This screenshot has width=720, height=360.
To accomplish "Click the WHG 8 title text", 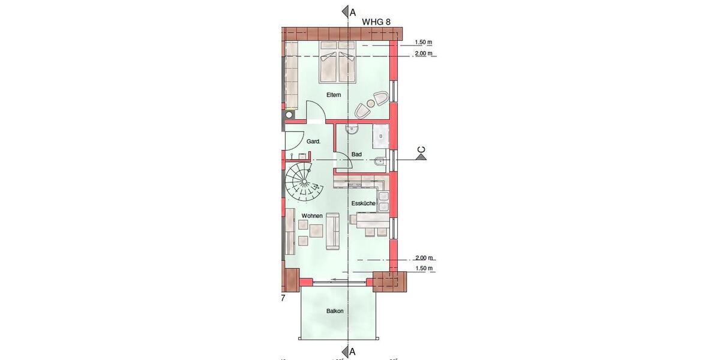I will tap(376, 22).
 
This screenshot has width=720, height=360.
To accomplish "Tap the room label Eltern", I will tap(334, 95).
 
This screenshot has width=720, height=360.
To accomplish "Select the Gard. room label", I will tap(313, 142).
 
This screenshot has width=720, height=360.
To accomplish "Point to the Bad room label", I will tap(356, 154).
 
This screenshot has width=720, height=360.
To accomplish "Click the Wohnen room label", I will tap(313, 215).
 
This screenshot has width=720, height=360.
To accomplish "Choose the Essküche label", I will tap(364, 204).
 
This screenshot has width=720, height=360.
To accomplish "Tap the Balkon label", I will tap(335, 311).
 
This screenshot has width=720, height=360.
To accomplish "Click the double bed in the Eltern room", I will tap(337, 63).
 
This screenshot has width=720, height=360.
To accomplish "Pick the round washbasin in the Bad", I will tap(352, 128).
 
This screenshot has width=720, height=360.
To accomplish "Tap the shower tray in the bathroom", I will tap(381, 137).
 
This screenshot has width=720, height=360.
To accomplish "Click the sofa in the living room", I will tap(332, 234).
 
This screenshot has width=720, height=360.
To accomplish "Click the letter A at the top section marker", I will tap(353, 11).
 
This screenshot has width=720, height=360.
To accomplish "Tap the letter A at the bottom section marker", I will tap(353, 352).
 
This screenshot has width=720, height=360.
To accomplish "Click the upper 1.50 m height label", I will tap(424, 43).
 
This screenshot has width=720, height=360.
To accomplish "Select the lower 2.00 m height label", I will tap(424, 258).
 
